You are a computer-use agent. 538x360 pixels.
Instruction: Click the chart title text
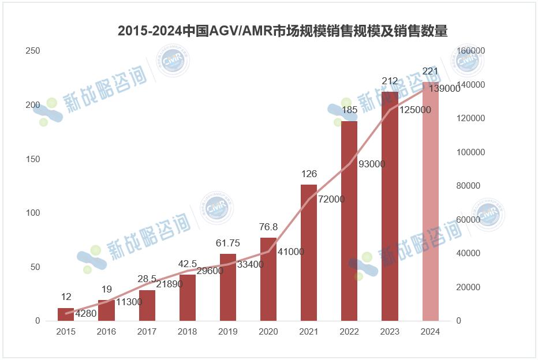(x=282, y=31)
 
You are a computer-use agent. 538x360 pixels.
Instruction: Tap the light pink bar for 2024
(x=431, y=201)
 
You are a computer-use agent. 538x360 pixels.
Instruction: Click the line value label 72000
(x=331, y=200)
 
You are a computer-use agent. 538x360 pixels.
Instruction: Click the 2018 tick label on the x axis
(x=188, y=332)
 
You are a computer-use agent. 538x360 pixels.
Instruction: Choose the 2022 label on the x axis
(x=349, y=332)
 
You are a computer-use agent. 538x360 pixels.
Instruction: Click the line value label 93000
(x=372, y=164)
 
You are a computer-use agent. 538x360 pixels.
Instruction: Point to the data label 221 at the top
(x=431, y=71)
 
